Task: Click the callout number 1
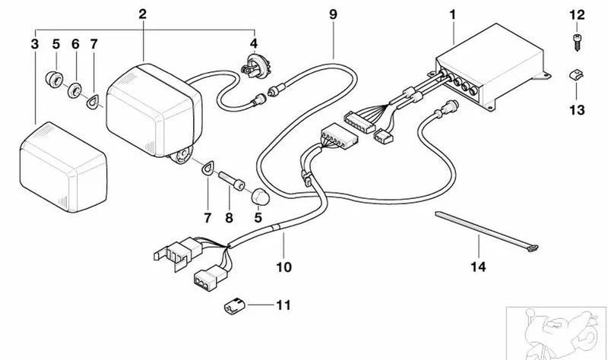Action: pyautogui.click(x=452, y=14)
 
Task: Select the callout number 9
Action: pyautogui.click(x=333, y=14)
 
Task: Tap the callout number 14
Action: pyautogui.click(x=478, y=267)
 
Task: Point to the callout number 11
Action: pyautogui.click(x=283, y=305)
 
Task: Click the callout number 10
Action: pyautogui.click(x=283, y=267)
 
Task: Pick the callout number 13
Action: pyautogui.click(x=577, y=109)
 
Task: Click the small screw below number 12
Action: pyautogui.click(x=576, y=43)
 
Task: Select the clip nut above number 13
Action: pyautogui.click(x=576, y=74)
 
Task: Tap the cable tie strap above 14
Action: pyautogui.click(x=487, y=232)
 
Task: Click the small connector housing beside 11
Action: pyautogui.click(x=235, y=306)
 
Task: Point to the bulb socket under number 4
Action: pyautogui.click(x=254, y=65)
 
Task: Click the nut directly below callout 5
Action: pyautogui.click(x=55, y=79)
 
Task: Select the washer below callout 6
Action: pyautogui.click(x=74, y=90)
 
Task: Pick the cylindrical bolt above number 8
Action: pyautogui.click(x=232, y=181)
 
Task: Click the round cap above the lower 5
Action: pyautogui.click(x=260, y=197)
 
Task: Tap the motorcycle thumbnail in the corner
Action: pyautogui.click(x=557, y=333)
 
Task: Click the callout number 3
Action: pyautogui.click(x=34, y=44)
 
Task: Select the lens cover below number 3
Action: pyautogui.click(x=63, y=167)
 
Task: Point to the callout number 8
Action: pyautogui.click(x=230, y=218)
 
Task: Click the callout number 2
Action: pyautogui.click(x=143, y=14)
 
